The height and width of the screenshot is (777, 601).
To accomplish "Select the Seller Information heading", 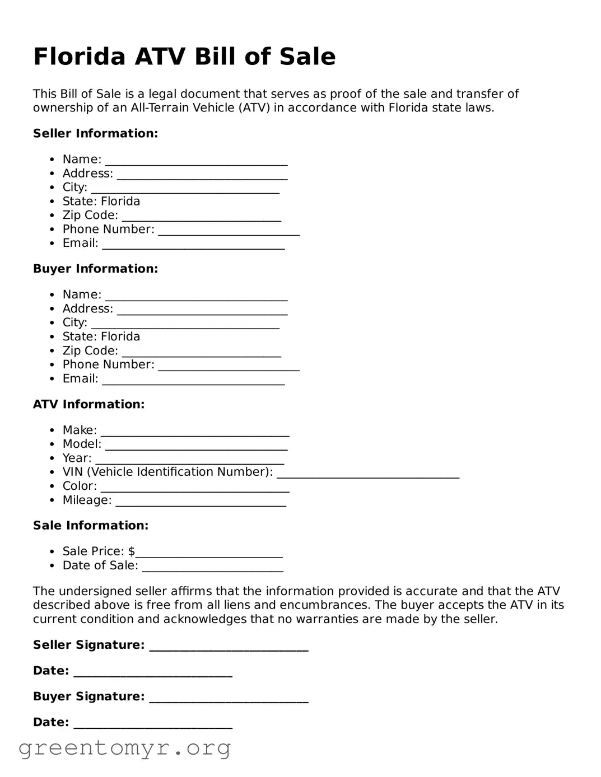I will [95, 133].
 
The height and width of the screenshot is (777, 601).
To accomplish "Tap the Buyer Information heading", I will [95, 269].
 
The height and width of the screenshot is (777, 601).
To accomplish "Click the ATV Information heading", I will [88, 404].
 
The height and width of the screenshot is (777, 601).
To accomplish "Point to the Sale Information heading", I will [91, 525].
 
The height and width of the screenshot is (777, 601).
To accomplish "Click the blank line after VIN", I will [368, 475].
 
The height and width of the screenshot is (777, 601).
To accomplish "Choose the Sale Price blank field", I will [209, 554].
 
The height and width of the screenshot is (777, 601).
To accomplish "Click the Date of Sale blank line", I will [213, 568].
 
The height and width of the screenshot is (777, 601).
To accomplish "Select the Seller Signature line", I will [229, 648].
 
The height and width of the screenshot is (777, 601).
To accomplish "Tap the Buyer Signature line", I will [229, 699].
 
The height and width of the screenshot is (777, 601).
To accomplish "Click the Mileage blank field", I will [201, 503].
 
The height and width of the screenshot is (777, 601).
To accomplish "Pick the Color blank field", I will [195, 489].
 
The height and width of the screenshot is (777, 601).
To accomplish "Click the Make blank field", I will [195, 433].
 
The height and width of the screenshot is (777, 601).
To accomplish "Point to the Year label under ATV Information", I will [77, 458].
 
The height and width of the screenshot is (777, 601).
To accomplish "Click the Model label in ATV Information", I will [82, 444].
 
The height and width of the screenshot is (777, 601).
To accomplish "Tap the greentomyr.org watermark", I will [125, 748].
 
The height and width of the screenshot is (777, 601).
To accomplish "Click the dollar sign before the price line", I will [132, 551].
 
